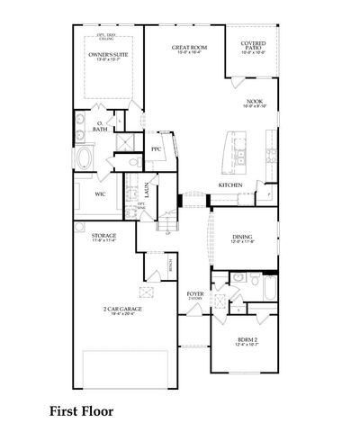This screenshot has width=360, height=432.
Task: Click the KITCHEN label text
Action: (x=229, y=185)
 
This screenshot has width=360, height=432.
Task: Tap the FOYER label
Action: (x=194, y=293)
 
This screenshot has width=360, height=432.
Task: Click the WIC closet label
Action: (x=101, y=193)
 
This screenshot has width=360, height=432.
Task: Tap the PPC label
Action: (x=156, y=148)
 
